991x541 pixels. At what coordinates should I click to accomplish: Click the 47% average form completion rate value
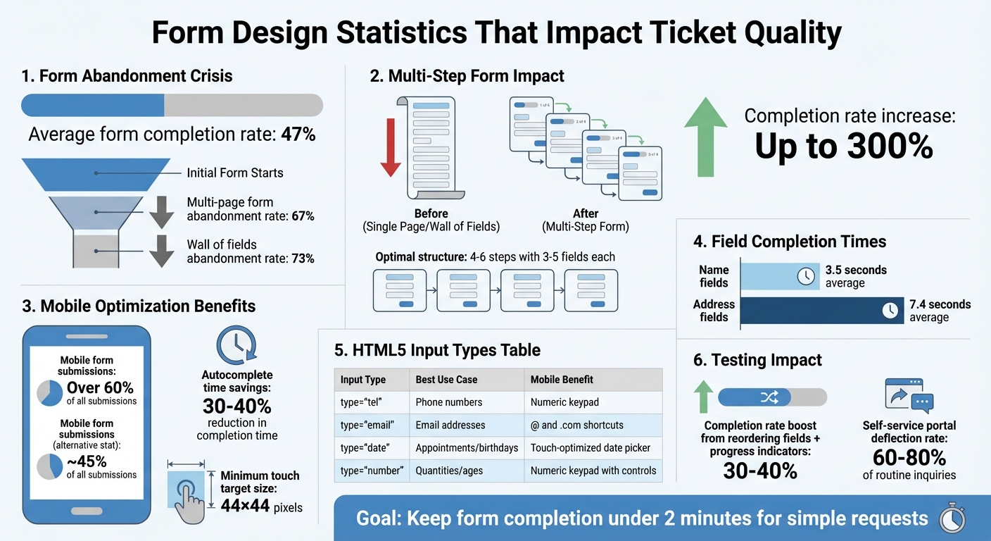coord(298,135)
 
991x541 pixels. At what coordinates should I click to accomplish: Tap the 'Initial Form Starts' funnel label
coord(235,173)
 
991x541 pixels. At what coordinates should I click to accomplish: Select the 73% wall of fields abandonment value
coord(303,259)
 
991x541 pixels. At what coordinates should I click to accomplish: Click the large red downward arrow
coord(391,147)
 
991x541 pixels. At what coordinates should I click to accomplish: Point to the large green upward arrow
coord(705,137)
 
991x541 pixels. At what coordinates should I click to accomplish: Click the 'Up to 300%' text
coord(844,146)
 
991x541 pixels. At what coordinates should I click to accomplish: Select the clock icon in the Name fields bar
coord(806,276)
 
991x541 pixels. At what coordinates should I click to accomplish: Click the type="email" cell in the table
coord(367,425)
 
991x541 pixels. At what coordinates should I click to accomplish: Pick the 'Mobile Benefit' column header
coord(562,380)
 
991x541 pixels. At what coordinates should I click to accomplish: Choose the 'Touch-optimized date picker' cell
coord(591,448)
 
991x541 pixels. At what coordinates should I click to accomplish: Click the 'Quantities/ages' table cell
coord(449,471)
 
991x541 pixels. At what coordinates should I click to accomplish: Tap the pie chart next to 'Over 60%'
coord(49,393)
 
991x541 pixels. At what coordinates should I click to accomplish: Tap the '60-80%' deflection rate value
coord(909,457)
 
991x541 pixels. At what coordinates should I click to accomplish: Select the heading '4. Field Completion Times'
coord(790,242)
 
